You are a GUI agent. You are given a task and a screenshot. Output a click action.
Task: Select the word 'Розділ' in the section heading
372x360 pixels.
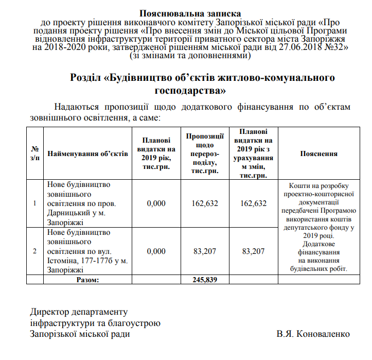point(85,78)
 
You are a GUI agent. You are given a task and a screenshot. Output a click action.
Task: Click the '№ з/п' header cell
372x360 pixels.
point(34,153)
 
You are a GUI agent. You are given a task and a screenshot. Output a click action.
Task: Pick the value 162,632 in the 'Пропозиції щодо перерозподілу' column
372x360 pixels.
point(205,203)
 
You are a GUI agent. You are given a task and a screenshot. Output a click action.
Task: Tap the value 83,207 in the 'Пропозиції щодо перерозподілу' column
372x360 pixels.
point(205,251)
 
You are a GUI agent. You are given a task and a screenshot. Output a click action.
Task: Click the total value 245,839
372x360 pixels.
point(205,280)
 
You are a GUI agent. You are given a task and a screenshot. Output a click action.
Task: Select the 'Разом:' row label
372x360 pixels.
point(87,280)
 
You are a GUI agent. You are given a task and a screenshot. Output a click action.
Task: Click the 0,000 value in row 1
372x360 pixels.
point(156,203)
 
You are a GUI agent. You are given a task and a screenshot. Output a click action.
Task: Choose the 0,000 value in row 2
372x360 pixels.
point(156,251)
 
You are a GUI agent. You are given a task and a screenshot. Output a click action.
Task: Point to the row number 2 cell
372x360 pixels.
point(34,251)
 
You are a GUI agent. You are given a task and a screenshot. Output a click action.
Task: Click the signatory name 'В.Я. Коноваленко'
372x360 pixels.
point(313,334)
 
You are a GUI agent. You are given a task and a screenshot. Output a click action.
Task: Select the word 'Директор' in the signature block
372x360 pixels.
point(49,312)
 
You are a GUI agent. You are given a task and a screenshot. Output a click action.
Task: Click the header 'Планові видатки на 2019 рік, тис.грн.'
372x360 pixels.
point(156,153)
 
